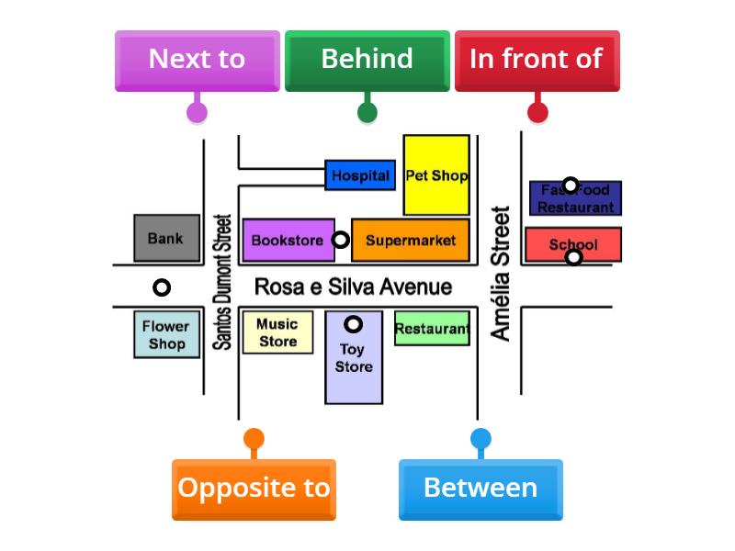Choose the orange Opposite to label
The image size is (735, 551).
click(254, 489)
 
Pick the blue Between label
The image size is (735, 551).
click(481, 489)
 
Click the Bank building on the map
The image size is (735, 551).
click(165, 238)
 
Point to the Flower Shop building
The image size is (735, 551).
click(166, 335)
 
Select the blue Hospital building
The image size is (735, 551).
click(360, 175)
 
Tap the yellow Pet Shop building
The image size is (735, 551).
click(436, 175)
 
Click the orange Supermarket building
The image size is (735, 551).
click(411, 241)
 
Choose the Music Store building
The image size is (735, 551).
click(277, 332)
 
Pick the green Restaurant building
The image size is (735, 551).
click(432, 329)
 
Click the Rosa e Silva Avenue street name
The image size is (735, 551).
click(353, 287)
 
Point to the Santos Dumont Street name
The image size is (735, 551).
click(221, 282)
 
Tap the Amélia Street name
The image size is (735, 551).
click(501, 274)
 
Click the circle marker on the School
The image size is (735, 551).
click(573, 257)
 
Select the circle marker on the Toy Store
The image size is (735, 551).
click(354, 324)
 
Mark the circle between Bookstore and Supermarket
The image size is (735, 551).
click(340, 240)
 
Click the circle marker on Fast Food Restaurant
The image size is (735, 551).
click(571, 186)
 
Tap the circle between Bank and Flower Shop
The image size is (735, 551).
click(162, 287)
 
